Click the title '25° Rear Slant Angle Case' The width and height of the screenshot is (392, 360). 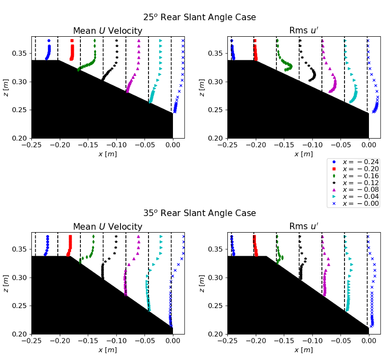tap(199, 18)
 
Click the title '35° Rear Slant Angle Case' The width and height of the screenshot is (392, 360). tap(199, 214)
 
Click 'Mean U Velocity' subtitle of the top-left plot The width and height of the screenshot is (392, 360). tap(108, 31)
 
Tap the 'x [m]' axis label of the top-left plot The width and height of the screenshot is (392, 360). tap(108, 154)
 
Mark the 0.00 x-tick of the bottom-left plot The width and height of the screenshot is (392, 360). tap(172, 341)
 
